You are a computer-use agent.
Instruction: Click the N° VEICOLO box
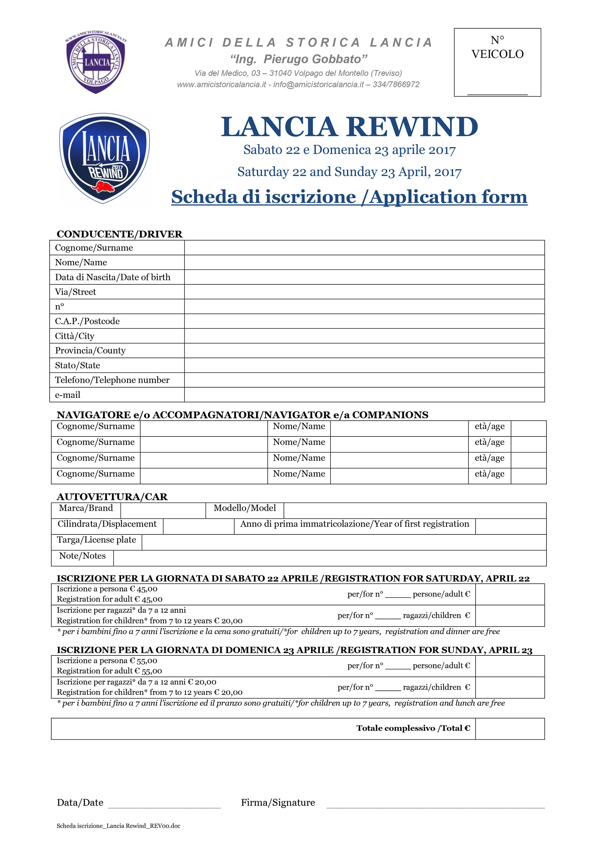497,62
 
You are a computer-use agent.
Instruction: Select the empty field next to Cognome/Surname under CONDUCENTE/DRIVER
364,248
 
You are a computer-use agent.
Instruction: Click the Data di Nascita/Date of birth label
113,277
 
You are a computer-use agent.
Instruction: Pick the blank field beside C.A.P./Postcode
364,321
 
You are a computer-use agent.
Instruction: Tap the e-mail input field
364,395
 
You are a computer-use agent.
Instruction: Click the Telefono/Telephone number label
112,380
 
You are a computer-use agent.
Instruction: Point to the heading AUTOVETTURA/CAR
112,497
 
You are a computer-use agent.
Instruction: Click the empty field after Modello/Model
415,510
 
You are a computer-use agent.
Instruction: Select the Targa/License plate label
96,540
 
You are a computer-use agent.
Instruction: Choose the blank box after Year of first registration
511,526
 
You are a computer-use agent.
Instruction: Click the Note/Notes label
82,556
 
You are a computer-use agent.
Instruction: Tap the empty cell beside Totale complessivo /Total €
510,729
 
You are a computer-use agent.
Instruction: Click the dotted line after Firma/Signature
435,805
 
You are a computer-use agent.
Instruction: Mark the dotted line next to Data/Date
164,805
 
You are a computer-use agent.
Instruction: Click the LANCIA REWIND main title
349,127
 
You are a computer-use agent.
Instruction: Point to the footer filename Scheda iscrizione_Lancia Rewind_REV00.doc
118,826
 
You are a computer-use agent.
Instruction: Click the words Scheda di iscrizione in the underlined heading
264,197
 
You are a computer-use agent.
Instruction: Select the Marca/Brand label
86,508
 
